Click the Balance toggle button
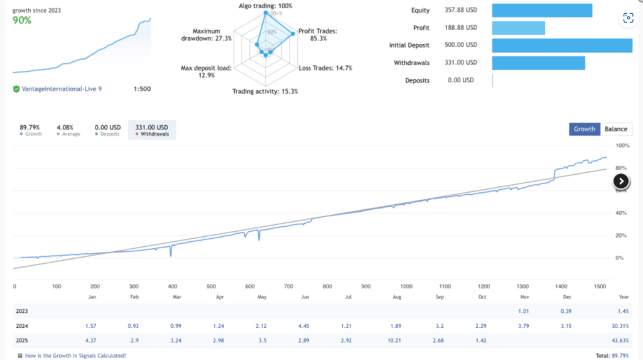[616, 129]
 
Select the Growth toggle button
[585, 129]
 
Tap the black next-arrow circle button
[621, 181]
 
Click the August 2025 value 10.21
[394, 341]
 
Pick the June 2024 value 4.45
[303, 326]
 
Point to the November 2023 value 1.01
[523, 311]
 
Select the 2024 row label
[22, 326]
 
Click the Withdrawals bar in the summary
[538, 63]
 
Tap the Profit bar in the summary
[518, 28]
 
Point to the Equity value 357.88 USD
[461, 10]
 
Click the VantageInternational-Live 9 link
[62, 89]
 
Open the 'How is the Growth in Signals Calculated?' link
[75, 356]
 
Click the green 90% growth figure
[22, 20]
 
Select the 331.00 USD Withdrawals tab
[152, 129]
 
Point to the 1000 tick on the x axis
[406, 286]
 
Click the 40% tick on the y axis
[621, 213]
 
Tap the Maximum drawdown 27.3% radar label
[206, 35]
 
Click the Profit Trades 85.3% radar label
[318, 35]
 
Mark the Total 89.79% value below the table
[612, 356]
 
